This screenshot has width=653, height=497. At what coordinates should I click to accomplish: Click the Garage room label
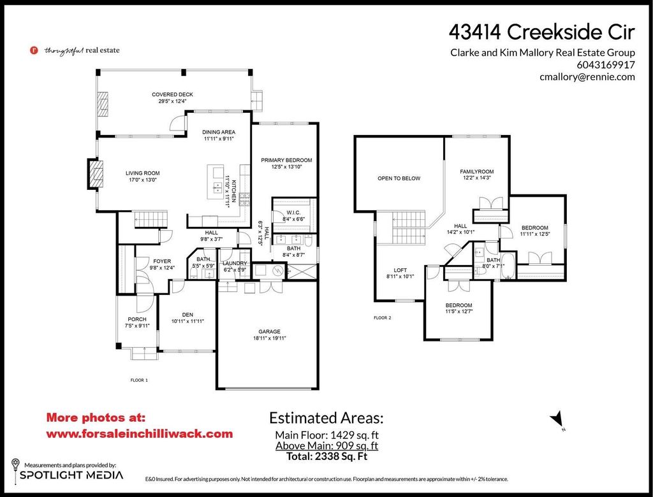(x=268, y=331)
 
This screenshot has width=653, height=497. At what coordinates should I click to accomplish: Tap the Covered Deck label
(x=172, y=95)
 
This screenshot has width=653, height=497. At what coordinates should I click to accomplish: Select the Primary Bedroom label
(x=286, y=160)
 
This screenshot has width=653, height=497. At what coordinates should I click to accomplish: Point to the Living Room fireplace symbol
(x=95, y=173)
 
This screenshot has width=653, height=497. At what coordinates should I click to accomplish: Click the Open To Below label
(x=399, y=178)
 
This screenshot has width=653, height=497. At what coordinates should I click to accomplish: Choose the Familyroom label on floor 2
(x=477, y=172)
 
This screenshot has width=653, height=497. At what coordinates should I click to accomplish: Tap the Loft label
(x=400, y=270)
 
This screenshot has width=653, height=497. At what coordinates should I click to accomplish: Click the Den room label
(x=187, y=315)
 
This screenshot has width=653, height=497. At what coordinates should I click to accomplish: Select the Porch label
(x=136, y=319)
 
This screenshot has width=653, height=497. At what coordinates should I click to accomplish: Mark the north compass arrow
(x=557, y=418)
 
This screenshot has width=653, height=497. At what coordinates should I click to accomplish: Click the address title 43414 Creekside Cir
(x=542, y=31)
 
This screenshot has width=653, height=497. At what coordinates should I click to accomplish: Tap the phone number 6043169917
(x=606, y=64)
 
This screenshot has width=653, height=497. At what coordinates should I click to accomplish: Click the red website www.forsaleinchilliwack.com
(x=140, y=433)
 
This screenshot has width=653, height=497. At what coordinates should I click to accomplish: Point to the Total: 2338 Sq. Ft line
(x=326, y=456)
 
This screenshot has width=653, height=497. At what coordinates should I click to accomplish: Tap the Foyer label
(x=144, y=261)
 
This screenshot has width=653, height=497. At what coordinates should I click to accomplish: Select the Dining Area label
(x=219, y=133)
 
